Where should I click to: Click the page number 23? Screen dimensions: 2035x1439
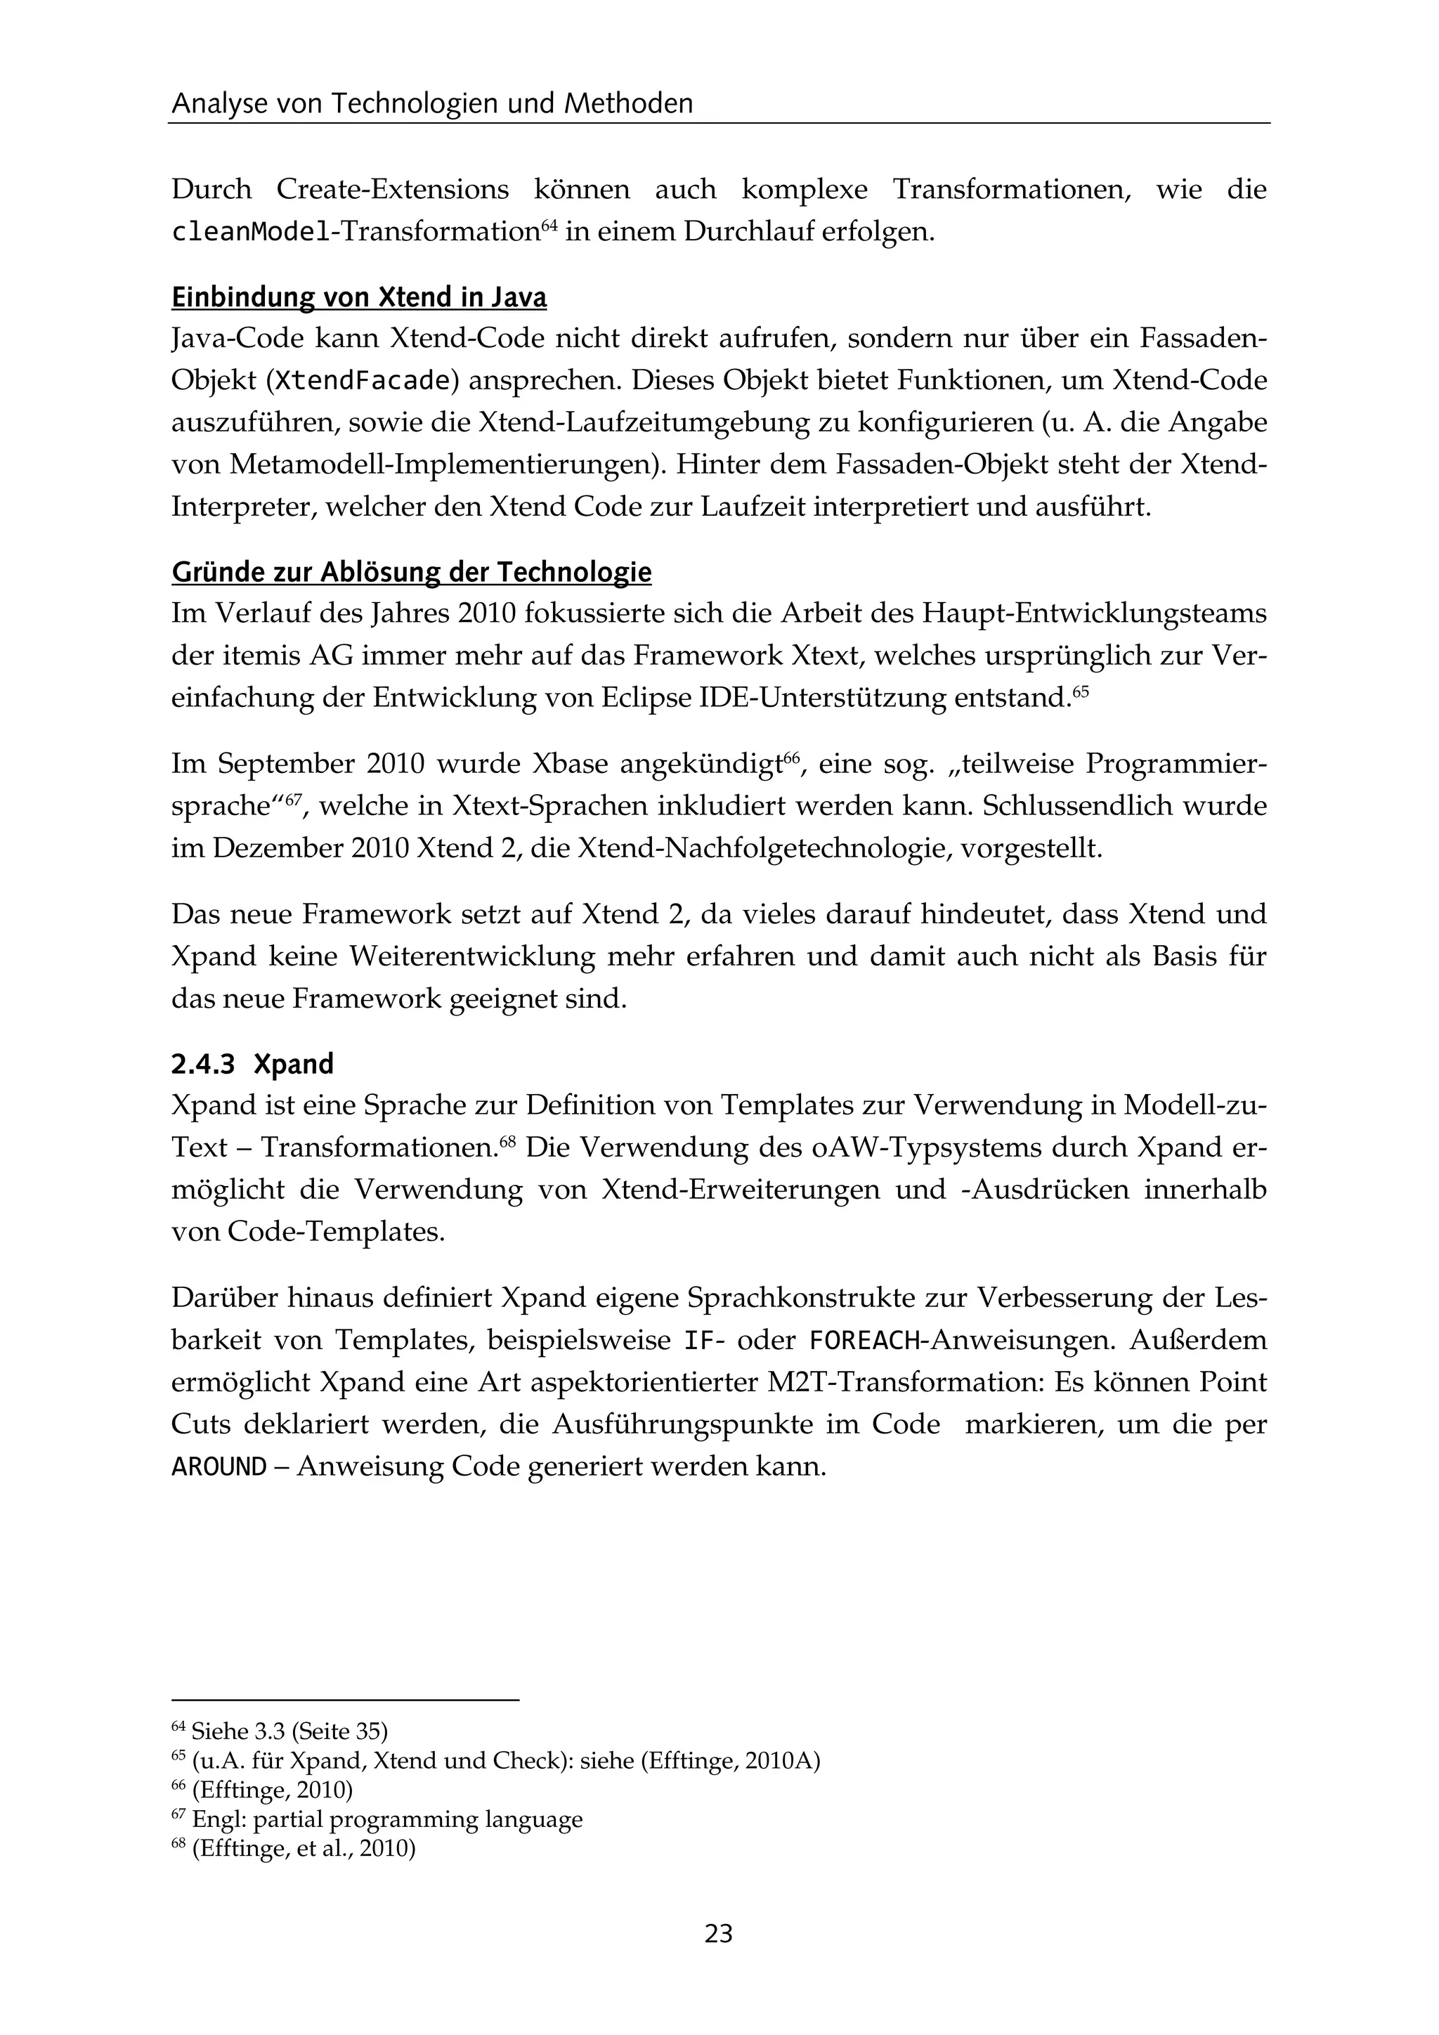(719, 1933)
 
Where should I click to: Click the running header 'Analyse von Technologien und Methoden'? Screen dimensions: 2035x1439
(431, 105)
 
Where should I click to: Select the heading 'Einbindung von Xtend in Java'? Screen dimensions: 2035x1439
(359, 298)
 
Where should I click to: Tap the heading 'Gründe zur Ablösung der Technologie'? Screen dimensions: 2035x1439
(411, 573)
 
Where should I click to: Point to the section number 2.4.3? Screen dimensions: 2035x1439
(203, 1064)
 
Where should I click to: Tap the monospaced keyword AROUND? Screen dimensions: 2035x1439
(219, 1467)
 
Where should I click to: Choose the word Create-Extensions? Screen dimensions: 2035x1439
(393, 190)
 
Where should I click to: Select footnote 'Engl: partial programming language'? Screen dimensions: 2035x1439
(387, 1819)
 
